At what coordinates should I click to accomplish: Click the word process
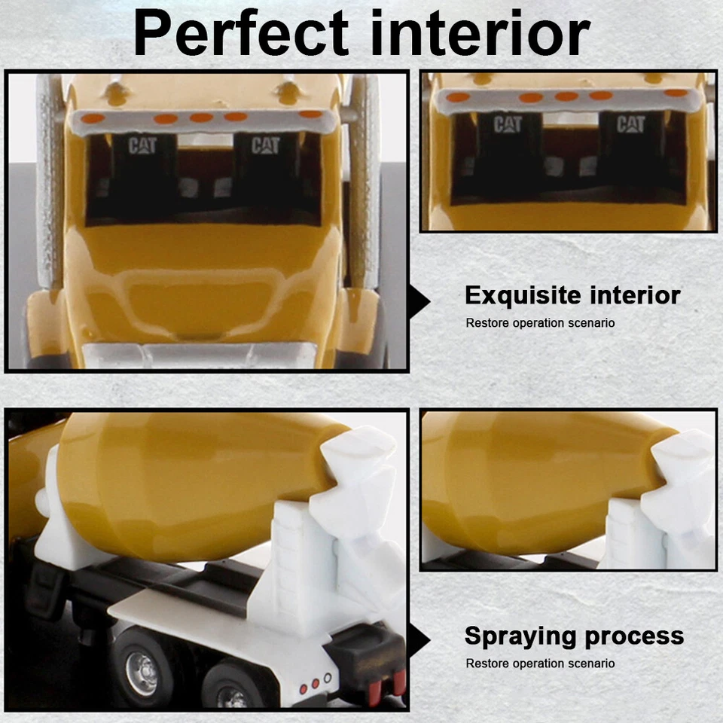(x=637, y=636)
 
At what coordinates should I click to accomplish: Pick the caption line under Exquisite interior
(x=540, y=323)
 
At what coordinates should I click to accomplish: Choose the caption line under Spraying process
(x=540, y=664)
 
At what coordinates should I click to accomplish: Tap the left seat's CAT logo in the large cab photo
(x=142, y=146)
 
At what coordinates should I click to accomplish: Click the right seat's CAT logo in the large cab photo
(x=265, y=145)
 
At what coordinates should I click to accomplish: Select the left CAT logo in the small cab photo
(x=508, y=125)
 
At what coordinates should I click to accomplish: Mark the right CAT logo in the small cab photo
(x=630, y=124)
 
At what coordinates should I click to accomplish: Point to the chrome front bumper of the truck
(x=200, y=355)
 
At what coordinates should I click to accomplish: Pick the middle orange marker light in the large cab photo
(x=201, y=117)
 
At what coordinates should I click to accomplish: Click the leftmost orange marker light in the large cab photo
(x=93, y=118)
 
